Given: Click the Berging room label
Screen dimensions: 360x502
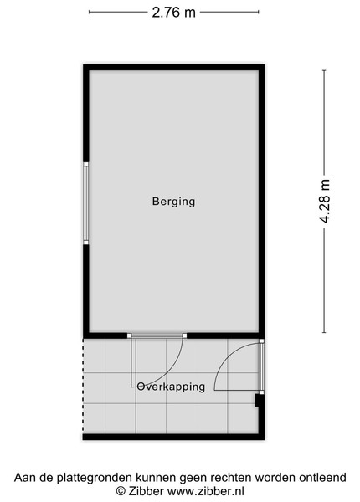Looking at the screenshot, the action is click(x=173, y=202).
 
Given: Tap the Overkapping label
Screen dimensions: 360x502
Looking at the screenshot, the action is click(x=171, y=387).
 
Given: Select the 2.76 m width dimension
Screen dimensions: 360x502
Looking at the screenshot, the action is click(x=173, y=13).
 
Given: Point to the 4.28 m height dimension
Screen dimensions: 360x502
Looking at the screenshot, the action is click(x=324, y=202).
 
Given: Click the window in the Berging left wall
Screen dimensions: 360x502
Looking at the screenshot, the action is click(x=86, y=203).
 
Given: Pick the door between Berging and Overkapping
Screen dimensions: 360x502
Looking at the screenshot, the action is click(x=157, y=336).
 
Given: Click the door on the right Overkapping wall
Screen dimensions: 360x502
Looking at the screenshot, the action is click(x=261, y=367).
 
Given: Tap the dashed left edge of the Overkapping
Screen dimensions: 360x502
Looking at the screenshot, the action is click(x=83, y=386).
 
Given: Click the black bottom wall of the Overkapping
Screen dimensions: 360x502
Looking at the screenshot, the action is click(x=173, y=437).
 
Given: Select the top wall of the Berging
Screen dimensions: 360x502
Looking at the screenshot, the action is click(x=173, y=67).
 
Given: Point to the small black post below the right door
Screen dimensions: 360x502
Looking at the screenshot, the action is click(x=257, y=401).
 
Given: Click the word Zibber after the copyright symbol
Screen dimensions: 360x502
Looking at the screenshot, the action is click(x=147, y=491).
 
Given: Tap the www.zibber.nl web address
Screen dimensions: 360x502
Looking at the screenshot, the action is click(x=206, y=491).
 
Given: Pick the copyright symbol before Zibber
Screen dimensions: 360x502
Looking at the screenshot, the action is click(x=121, y=491).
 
